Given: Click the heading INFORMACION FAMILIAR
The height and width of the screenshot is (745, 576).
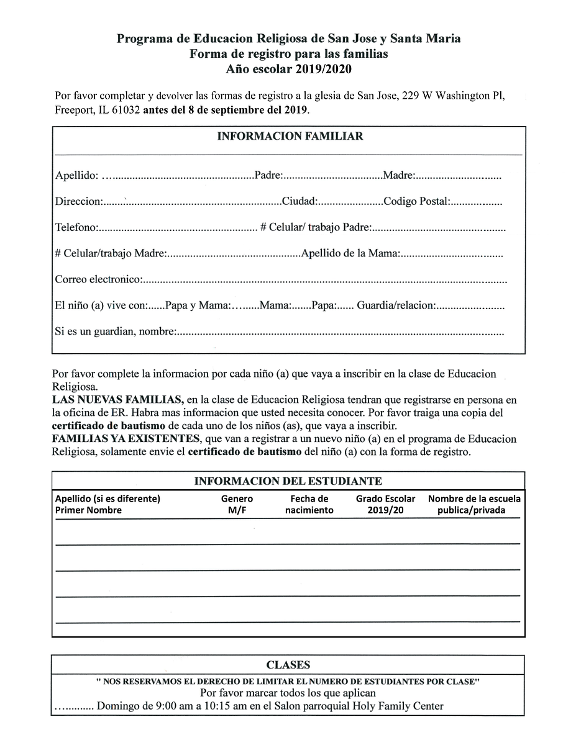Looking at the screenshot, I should (x=290, y=136).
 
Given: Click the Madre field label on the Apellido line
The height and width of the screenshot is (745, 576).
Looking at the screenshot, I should (x=399, y=176).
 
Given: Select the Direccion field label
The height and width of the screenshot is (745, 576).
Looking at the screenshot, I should (x=78, y=202).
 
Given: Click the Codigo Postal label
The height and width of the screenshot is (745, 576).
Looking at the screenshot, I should (x=417, y=202).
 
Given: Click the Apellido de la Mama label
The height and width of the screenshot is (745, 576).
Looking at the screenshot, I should (x=350, y=254).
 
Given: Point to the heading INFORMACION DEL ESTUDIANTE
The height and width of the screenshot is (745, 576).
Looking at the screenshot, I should (x=288, y=481).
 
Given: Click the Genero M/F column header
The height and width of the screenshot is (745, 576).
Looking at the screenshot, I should (x=237, y=504).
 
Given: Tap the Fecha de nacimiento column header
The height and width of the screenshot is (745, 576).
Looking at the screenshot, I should (x=309, y=504).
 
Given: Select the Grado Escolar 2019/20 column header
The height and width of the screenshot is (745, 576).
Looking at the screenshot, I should (x=385, y=504).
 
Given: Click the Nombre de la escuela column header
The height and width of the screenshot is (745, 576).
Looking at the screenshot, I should (x=475, y=504).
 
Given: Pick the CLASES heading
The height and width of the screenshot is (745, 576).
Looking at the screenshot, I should (x=288, y=666).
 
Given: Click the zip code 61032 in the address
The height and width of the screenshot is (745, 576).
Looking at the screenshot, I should (x=127, y=111).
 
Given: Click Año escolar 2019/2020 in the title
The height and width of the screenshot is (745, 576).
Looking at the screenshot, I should (x=289, y=68).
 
